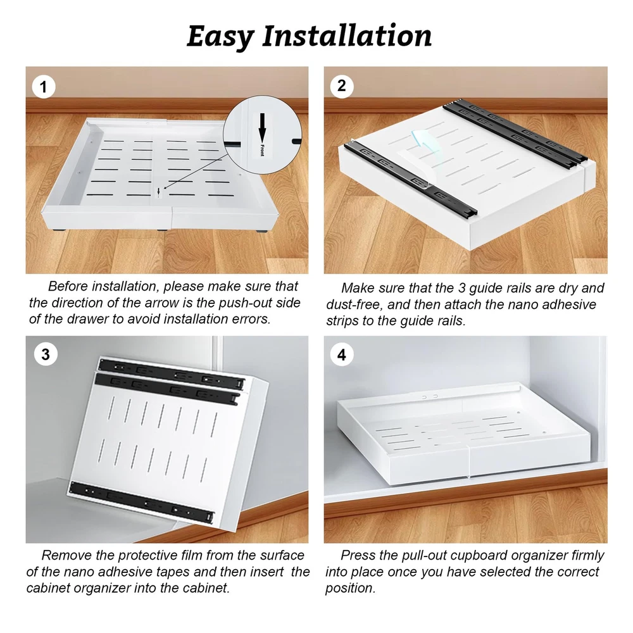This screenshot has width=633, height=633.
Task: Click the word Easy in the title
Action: [x=220, y=37]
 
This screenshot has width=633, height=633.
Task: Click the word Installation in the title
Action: [x=347, y=35]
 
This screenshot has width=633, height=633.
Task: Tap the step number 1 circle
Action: [x=44, y=87]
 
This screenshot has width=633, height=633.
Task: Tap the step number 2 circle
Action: [x=342, y=86]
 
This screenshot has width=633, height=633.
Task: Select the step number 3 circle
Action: [x=46, y=354]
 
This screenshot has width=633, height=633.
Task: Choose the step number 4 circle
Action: [x=342, y=354]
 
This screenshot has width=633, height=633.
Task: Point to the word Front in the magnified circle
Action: [x=263, y=150]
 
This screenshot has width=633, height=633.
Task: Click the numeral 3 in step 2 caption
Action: [x=462, y=288]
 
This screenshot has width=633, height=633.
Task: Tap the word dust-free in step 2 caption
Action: [x=354, y=304]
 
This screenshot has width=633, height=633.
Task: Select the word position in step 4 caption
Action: [x=350, y=589]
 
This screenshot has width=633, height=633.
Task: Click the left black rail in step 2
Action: [x=411, y=180]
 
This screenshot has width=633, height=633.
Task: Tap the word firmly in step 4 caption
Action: [x=587, y=556]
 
